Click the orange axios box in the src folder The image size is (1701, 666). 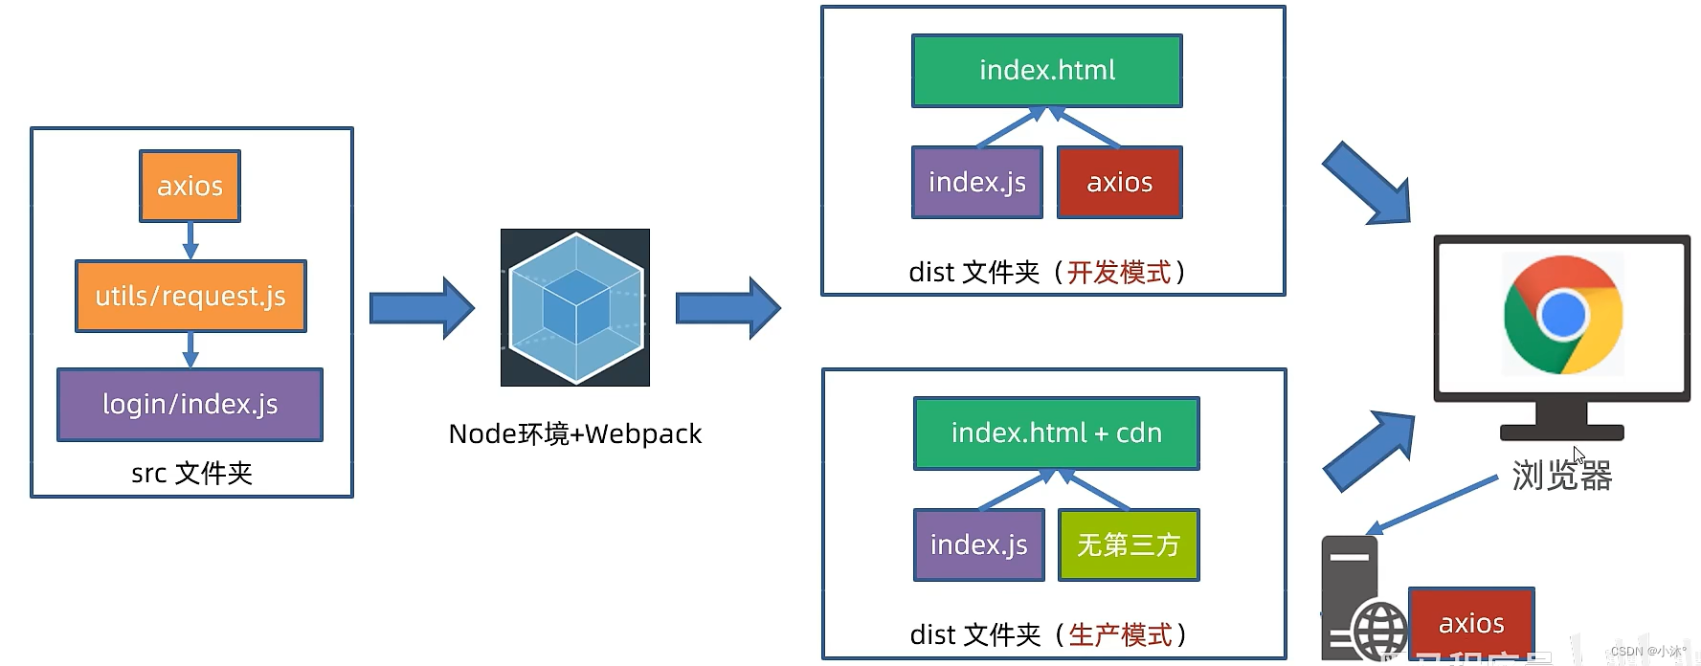click(190, 186)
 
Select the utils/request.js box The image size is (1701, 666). click(190, 296)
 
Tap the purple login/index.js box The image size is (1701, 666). click(190, 404)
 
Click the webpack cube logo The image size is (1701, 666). click(574, 307)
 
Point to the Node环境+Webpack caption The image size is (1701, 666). click(574, 433)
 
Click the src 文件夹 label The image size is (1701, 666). click(191, 473)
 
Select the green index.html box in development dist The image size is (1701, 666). click(1046, 70)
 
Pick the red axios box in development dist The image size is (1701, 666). click(1119, 182)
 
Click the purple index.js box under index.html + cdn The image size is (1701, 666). click(978, 544)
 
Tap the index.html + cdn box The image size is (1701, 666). click(1056, 433)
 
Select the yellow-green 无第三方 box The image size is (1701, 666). click(1128, 544)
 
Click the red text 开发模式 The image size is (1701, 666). click(1119, 273)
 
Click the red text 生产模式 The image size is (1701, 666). click(1120, 634)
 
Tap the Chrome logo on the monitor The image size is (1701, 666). click(1562, 315)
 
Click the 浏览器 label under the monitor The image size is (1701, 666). click(1561, 475)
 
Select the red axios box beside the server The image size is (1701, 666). click(1471, 623)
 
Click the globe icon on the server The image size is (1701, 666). click(1379, 632)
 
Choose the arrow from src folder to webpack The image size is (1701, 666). click(421, 307)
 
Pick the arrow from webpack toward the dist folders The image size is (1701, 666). click(727, 307)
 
